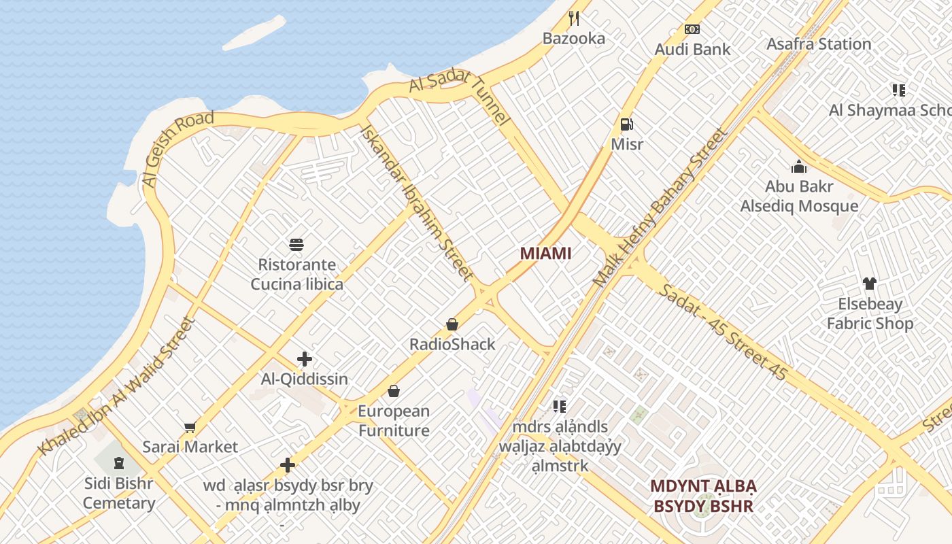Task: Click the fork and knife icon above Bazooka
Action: tap(574, 18)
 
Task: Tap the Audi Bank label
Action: tap(692, 49)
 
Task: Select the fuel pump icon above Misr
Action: tap(627, 124)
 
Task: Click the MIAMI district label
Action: tap(545, 254)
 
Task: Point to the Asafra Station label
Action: tap(819, 44)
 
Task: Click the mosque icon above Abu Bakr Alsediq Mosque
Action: tap(799, 166)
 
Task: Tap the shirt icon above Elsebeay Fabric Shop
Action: tap(869, 284)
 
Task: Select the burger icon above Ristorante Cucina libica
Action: tap(296, 244)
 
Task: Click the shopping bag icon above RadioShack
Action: tap(452, 324)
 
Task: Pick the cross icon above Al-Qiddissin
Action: tap(305, 359)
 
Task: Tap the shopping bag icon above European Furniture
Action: tap(394, 391)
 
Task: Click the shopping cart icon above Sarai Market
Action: tap(190, 427)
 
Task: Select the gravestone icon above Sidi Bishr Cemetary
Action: tap(119, 464)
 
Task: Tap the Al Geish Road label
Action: tap(177, 149)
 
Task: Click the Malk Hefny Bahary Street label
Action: tap(659, 207)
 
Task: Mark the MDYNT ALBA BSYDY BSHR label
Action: tap(703, 496)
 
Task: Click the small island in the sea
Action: tap(254, 32)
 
